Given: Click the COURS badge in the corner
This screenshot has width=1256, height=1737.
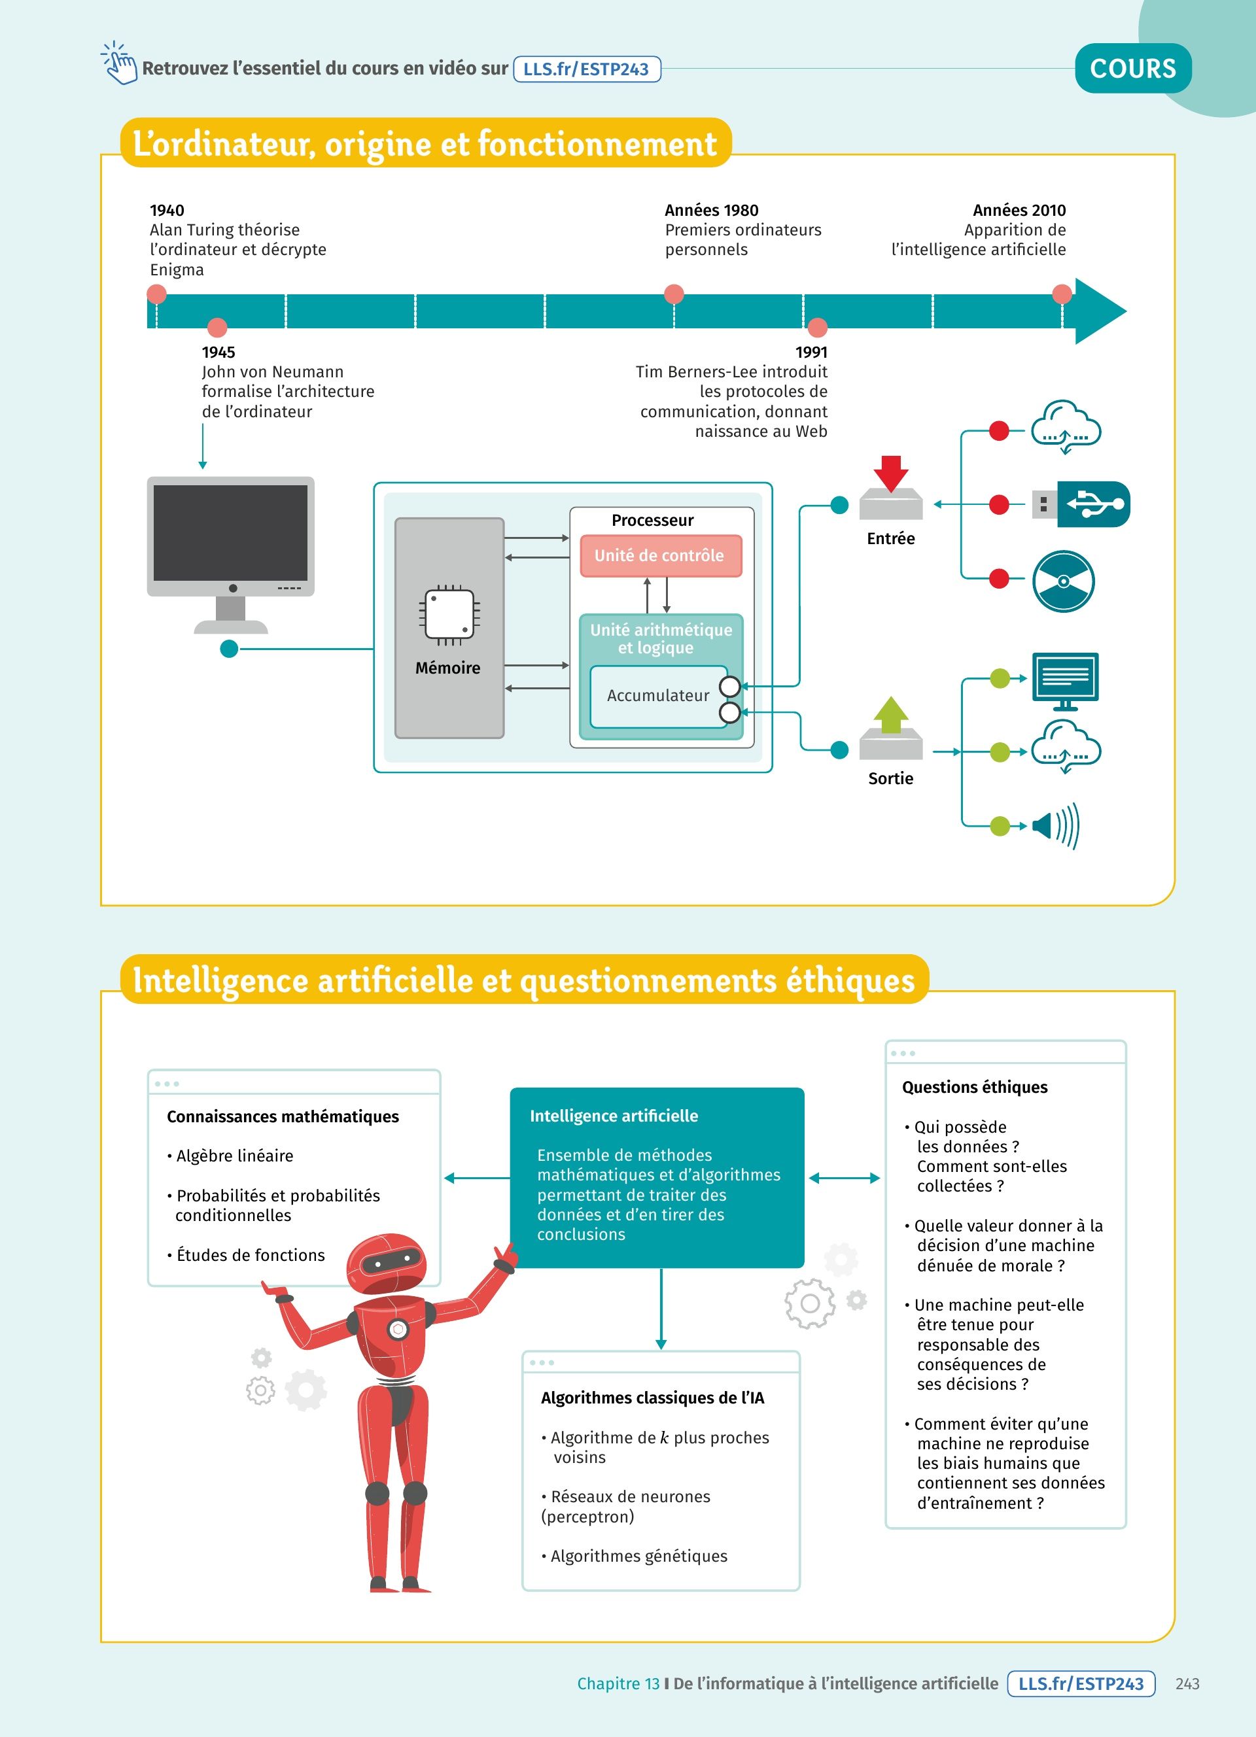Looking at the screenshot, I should (x=1133, y=69).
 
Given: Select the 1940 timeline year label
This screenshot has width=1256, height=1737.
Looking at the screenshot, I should (x=167, y=210).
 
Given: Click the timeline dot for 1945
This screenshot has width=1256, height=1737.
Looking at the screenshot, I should (x=217, y=328).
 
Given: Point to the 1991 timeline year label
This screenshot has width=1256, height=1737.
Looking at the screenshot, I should (x=811, y=353).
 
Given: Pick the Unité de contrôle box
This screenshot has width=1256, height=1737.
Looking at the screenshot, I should (x=660, y=556).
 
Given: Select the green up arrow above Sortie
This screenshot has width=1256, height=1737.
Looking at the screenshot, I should (x=891, y=715).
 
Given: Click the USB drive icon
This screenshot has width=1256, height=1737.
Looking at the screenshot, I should (x=1081, y=504).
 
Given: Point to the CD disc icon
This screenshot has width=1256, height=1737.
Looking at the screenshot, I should (x=1063, y=581).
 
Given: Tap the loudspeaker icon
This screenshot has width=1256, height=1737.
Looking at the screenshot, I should (x=1055, y=825).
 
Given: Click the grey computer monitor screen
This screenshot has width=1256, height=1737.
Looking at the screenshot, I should (x=230, y=533).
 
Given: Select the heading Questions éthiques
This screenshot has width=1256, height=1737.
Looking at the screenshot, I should (x=974, y=1088).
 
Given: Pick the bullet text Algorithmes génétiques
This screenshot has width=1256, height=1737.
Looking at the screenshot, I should (x=638, y=1556).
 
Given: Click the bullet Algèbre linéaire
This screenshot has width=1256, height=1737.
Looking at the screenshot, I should (x=234, y=1156).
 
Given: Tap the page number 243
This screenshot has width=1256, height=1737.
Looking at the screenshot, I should (x=1187, y=1683).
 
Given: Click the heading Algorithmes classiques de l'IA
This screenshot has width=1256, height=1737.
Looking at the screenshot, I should (x=652, y=1398).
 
